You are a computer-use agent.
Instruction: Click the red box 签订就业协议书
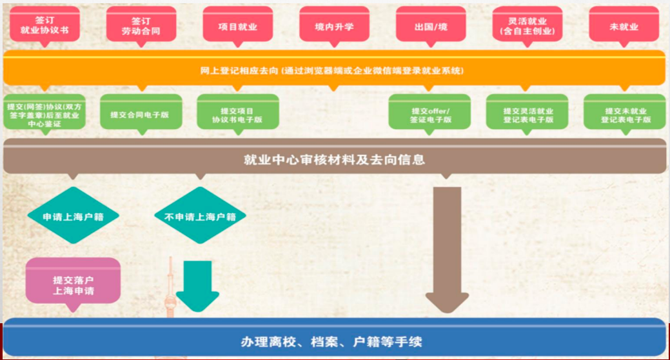coord(44,25)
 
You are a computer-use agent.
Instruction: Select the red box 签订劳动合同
coord(141,25)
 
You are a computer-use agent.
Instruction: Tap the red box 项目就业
coord(237,26)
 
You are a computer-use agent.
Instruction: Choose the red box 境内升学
coord(334,26)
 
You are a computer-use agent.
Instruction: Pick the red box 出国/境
coord(430,26)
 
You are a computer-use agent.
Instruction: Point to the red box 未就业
coord(624,26)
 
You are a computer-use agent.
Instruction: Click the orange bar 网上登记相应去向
coord(334,70)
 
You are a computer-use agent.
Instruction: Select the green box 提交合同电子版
coord(140,114)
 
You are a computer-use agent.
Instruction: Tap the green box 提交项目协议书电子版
coord(237,114)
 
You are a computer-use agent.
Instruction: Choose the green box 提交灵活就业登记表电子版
coord(527,114)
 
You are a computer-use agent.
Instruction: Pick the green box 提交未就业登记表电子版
coord(624,114)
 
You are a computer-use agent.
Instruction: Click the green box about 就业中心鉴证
coord(43,114)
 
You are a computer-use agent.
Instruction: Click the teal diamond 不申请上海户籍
coord(195,216)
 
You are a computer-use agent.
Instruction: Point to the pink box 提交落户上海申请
coord(73,282)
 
